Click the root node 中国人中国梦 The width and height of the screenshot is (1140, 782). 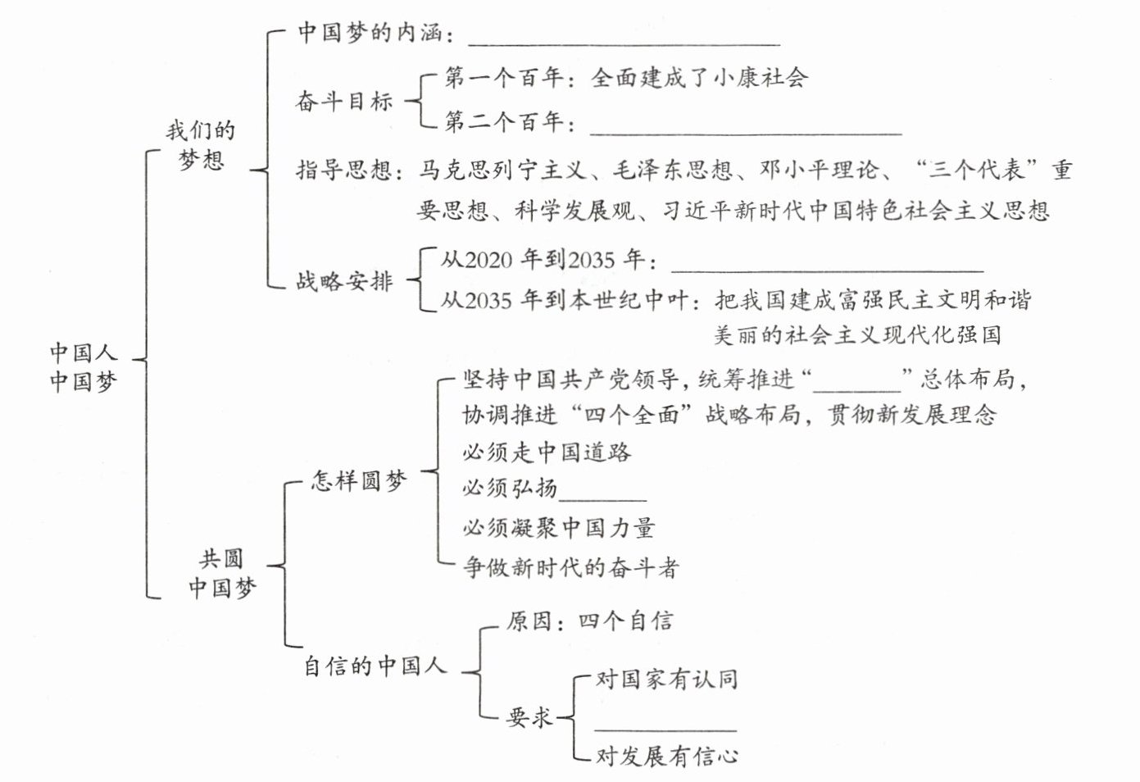pyautogui.click(x=83, y=366)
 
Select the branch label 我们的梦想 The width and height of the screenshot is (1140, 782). pyautogui.click(x=201, y=144)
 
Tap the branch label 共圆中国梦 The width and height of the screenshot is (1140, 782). pyautogui.click(x=221, y=573)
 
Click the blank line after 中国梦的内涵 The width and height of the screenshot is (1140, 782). pyautogui.click(x=623, y=39)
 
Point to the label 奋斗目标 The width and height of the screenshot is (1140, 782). pyautogui.click(x=344, y=101)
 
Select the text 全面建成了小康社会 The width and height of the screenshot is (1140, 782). pyautogui.click(x=699, y=78)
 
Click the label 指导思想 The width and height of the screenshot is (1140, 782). pyautogui.click(x=344, y=170)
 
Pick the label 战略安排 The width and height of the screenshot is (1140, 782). pyautogui.click(x=344, y=281)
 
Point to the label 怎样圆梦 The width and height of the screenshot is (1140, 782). pyautogui.click(x=359, y=480)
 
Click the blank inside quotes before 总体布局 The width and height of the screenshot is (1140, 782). pyautogui.click(x=856, y=385)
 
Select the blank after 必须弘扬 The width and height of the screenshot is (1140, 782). pyautogui.click(x=602, y=493)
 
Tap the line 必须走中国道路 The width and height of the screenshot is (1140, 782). pyautogui.click(x=547, y=452)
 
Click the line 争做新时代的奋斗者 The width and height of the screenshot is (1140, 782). pyautogui.click(x=570, y=566)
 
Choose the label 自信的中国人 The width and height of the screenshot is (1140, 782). pyautogui.click(x=375, y=665)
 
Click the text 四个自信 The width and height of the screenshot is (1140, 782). pyautogui.click(x=626, y=621)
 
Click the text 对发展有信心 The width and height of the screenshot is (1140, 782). pyautogui.click(x=666, y=755)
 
